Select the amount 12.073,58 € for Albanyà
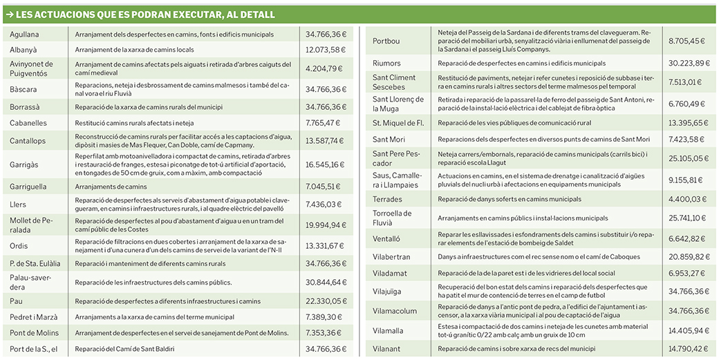point(325,50)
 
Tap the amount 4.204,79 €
point(325,68)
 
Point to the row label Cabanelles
point(28,123)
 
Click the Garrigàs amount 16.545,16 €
point(325,165)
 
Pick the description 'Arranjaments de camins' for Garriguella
point(111,187)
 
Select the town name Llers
point(18,205)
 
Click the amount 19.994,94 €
point(325,225)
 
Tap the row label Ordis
point(19,245)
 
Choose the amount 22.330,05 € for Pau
point(325,301)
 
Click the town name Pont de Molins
point(35,333)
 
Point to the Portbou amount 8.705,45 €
point(687,41)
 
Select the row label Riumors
point(386,64)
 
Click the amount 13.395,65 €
point(687,123)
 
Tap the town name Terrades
point(387,199)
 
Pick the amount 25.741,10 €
point(687,218)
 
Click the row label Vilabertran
point(391,257)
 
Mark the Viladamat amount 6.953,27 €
point(687,274)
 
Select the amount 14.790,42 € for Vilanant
point(687,349)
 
